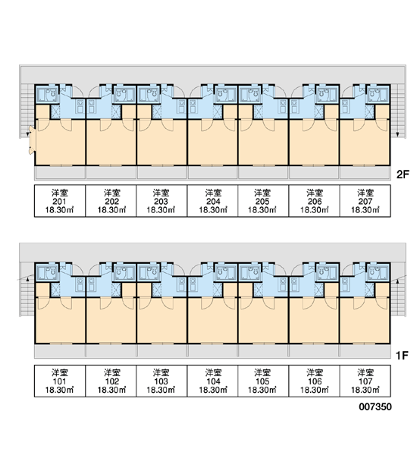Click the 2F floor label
coord(402,174)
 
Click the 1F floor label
coord(402,355)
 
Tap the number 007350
coord(375,406)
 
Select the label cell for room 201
coord(60,201)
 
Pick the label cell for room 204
coord(213,201)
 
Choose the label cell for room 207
coord(365,201)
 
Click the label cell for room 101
coord(60,381)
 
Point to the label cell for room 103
coord(161,381)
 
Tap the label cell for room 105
coord(263,381)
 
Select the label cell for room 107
coord(365,381)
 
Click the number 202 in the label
coord(111,202)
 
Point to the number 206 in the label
coord(315,202)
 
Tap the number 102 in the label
coord(111,381)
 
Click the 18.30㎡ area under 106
coord(315,390)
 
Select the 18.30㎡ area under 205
coord(262,210)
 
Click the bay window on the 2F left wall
coord(31,140)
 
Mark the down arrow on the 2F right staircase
coord(397,134)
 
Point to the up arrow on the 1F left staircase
coord(28,279)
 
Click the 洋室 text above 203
coord(161,193)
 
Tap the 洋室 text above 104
coord(213,372)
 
